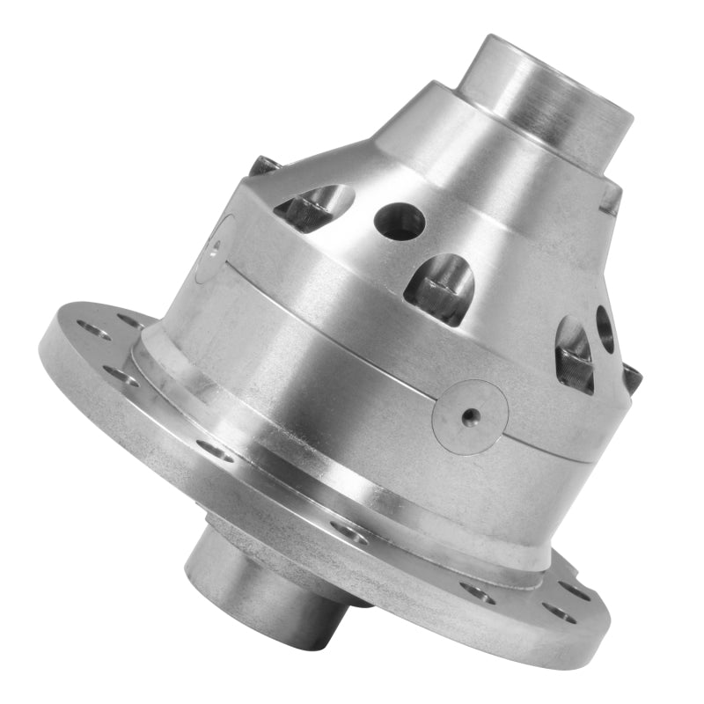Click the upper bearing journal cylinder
[546, 97]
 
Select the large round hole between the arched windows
[400, 221]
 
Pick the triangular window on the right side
[575, 352]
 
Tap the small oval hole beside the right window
[605, 328]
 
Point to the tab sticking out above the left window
[261, 165]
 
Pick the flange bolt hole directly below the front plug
[477, 592]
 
